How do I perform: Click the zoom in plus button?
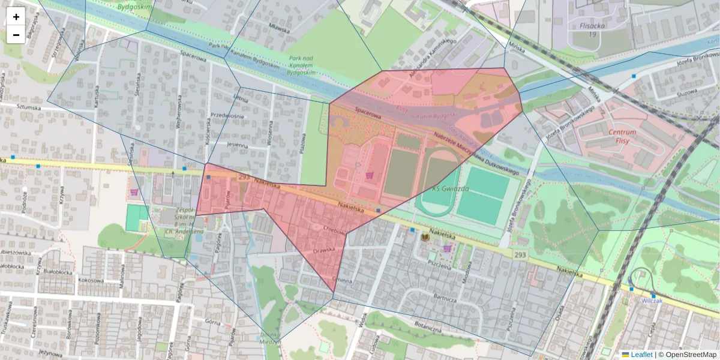pos(16,17)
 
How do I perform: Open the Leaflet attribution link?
pos(641,355)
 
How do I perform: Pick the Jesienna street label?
pos(238,145)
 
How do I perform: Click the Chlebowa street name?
pos(334,229)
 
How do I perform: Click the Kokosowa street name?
pos(92,280)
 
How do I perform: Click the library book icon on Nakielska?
pos(425,238)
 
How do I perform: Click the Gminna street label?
pos(343,280)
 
